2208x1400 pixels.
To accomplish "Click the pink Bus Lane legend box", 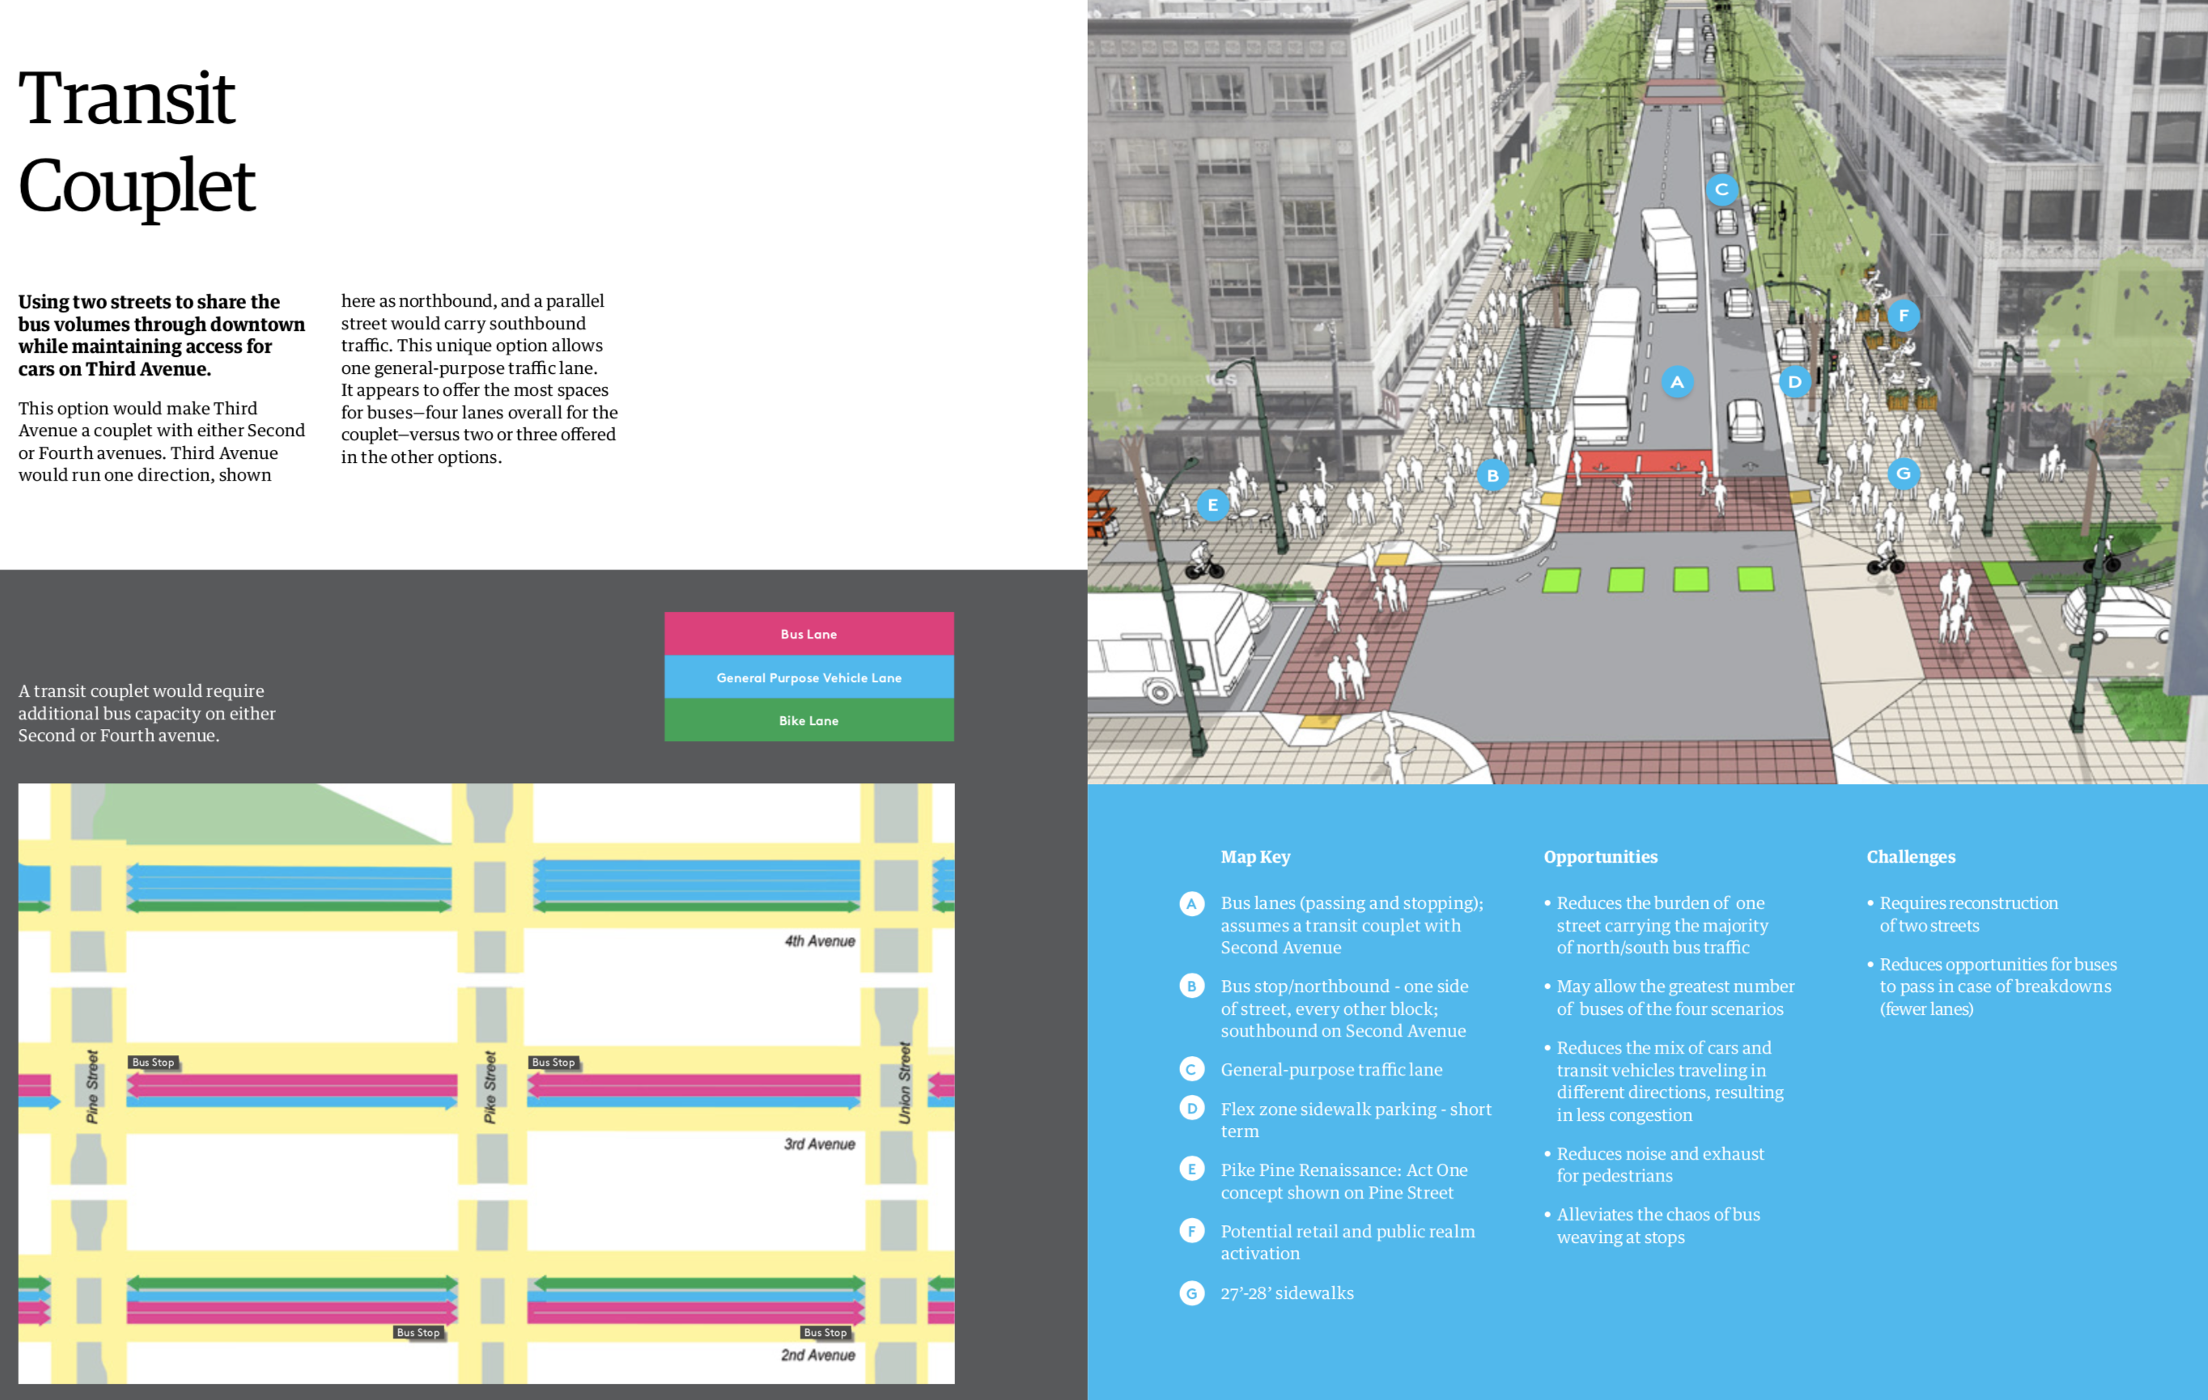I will point(809,634).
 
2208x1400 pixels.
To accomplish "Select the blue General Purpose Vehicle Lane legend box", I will point(809,677).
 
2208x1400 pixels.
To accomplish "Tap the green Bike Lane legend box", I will point(809,720).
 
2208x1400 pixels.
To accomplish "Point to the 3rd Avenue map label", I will point(820,1144).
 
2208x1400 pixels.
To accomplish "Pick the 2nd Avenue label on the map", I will point(818,1355).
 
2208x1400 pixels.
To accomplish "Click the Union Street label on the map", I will point(905,1083).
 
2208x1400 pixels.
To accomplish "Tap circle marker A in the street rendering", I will point(1677,382).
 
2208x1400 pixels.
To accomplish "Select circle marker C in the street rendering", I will point(1722,190).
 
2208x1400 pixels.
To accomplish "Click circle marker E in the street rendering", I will point(1213,505).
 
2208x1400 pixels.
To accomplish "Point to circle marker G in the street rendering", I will point(1904,474).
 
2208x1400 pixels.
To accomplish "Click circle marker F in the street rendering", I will point(1904,316).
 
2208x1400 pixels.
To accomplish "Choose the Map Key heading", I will point(1255,857).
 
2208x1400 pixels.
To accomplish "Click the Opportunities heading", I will point(1600,857).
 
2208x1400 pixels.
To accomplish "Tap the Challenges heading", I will point(1911,857).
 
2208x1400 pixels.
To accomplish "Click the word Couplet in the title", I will point(137,186).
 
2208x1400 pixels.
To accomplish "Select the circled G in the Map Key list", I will point(1192,1294).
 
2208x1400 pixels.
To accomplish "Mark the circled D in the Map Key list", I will point(1192,1109).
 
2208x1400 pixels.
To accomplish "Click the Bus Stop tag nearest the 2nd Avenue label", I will point(826,1332).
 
